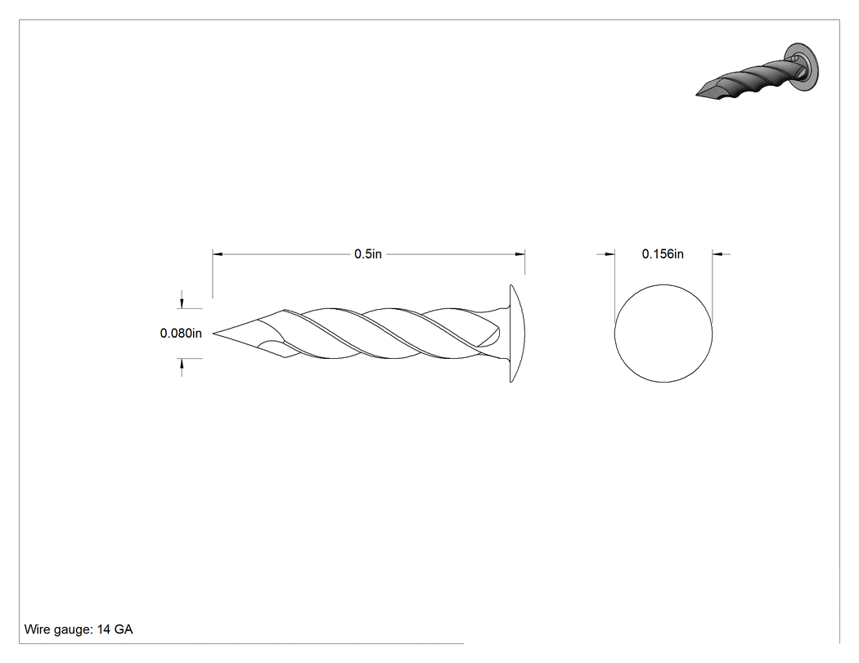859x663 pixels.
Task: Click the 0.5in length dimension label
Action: click(x=367, y=254)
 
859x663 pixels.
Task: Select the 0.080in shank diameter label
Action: click(x=181, y=333)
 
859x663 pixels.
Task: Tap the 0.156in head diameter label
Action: click(x=663, y=254)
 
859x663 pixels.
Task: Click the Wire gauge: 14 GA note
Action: click(x=79, y=629)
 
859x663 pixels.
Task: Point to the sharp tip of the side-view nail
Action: click(x=214, y=333)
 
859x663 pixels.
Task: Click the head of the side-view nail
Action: click(x=516, y=334)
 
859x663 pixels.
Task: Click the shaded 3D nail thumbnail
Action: click(x=758, y=70)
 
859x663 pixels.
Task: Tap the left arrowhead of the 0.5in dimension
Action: click(x=217, y=254)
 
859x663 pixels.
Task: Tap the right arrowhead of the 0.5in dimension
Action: click(x=520, y=254)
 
